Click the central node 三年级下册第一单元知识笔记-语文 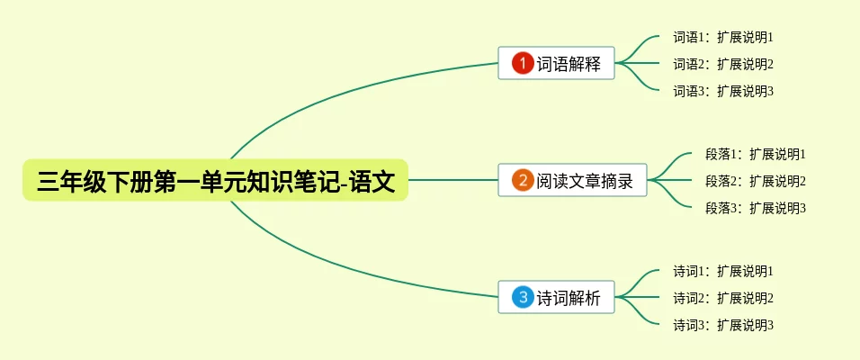click(215, 180)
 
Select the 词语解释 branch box click(556, 64)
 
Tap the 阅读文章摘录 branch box click(572, 181)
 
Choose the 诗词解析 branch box click(556, 297)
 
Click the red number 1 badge click(523, 63)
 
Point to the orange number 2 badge click(523, 180)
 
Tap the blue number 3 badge click(523, 297)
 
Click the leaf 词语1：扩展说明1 click(723, 38)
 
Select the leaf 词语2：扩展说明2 click(723, 64)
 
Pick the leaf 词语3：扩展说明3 click(723, 91)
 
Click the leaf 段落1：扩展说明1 click(756, 155)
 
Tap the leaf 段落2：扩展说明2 click(756, 181)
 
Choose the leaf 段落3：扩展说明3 click(756, 208)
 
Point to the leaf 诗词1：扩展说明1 click(723, 271)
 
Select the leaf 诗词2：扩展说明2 click(723, 298)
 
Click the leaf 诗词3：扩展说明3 click(723, 324)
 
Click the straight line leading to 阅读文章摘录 click(453, 180)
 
